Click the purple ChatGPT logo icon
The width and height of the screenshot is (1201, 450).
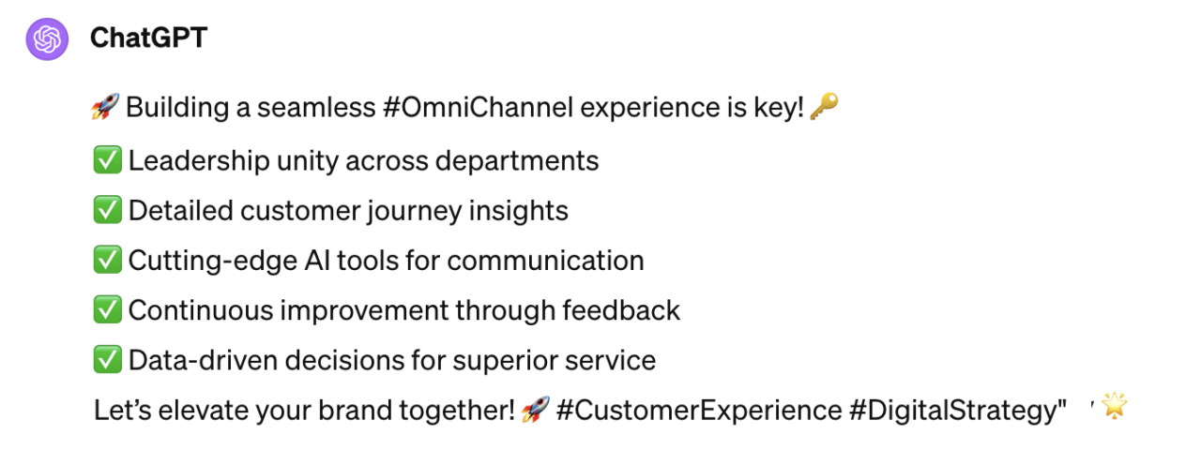pos(47,39)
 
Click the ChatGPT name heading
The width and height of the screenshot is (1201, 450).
pos(148,38)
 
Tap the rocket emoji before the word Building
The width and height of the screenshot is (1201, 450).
pos(105,107)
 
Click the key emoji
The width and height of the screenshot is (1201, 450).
pos(824,106)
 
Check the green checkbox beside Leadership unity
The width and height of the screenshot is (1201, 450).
pos(107,160)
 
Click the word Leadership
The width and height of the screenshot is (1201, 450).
pos(199,161)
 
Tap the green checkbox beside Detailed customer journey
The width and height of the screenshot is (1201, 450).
pos(107,210)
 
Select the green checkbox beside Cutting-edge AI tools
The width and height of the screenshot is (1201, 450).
pos(107,260)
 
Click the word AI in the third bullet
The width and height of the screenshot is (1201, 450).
pos(317,261)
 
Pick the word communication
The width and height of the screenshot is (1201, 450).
pos(546,261)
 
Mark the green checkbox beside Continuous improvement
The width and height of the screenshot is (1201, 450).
pos(107,309)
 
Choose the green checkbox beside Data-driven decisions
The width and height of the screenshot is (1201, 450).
pos(107,359)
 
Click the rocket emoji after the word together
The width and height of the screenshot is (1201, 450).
pos(536,410)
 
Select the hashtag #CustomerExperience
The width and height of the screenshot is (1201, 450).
pos(699,411)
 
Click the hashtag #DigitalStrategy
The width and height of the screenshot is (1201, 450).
pos(953,411)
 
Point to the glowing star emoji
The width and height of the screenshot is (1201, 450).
pos(1114,406)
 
